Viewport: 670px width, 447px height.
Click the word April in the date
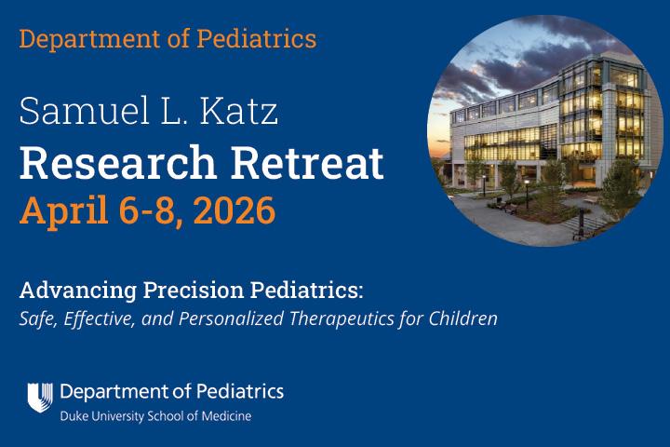click(58, 210)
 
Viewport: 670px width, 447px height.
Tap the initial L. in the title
click(174, 114)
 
